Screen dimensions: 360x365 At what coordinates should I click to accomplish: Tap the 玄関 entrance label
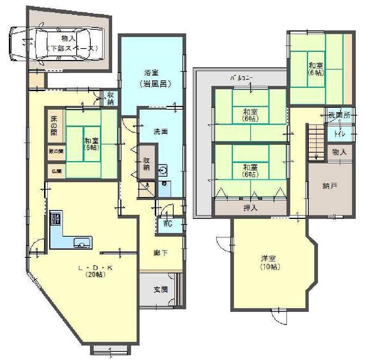(161, 290)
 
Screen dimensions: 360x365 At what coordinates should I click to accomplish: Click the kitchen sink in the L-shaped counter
(81, 243)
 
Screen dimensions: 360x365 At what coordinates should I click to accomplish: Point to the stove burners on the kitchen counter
(56, 219)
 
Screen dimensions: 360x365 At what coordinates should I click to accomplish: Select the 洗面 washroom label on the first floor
(161, 131)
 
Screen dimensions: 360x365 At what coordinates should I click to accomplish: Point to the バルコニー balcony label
(241, 79)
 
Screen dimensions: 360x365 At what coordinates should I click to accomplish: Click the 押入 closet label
(251, 208)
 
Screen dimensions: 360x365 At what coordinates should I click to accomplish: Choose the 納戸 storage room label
(329, 186)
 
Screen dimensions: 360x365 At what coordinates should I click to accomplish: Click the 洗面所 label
(339, 115)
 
